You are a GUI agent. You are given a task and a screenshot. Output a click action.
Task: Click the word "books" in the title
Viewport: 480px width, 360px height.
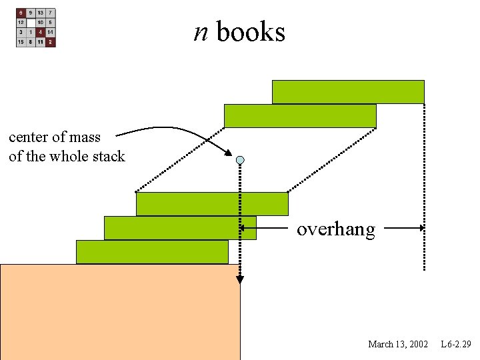tap(251, 31)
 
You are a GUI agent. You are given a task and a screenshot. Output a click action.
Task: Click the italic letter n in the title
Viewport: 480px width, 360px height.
tap(201, 31)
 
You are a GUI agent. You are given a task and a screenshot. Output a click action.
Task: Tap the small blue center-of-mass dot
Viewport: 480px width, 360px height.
tap(240, 160)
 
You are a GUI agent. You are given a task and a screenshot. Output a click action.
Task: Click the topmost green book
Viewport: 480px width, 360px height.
tap(348, 92)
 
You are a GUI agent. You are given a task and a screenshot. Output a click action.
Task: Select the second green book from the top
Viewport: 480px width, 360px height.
tap(300, 116)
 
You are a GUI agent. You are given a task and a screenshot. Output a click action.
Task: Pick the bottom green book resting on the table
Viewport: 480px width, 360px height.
tap(152, 252)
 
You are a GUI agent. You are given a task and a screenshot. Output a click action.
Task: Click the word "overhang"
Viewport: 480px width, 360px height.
tap(336, 229)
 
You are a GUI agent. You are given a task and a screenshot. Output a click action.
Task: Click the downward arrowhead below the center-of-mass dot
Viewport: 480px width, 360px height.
tap(240, 280)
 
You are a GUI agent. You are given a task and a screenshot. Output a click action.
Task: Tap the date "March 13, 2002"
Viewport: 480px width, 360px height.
tap(398, 344)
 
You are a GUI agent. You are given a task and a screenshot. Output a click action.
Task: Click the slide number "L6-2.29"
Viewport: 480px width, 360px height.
tap(456, 344)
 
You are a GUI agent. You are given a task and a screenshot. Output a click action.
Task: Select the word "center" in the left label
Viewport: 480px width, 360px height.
tap(30, 137)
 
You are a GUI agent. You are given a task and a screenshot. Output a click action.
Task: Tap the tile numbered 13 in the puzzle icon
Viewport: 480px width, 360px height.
tap(41, 13)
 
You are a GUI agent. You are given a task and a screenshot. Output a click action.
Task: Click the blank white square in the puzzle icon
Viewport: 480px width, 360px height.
tap(31, 22)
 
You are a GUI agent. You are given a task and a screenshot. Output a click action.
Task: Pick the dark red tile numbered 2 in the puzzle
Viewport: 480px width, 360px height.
tap(51, 42)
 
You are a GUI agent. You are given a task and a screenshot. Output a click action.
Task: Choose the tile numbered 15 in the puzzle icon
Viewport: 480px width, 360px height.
tap(21, 42)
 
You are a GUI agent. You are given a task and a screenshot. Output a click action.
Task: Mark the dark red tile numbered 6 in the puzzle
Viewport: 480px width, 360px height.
tap(21, 13)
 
